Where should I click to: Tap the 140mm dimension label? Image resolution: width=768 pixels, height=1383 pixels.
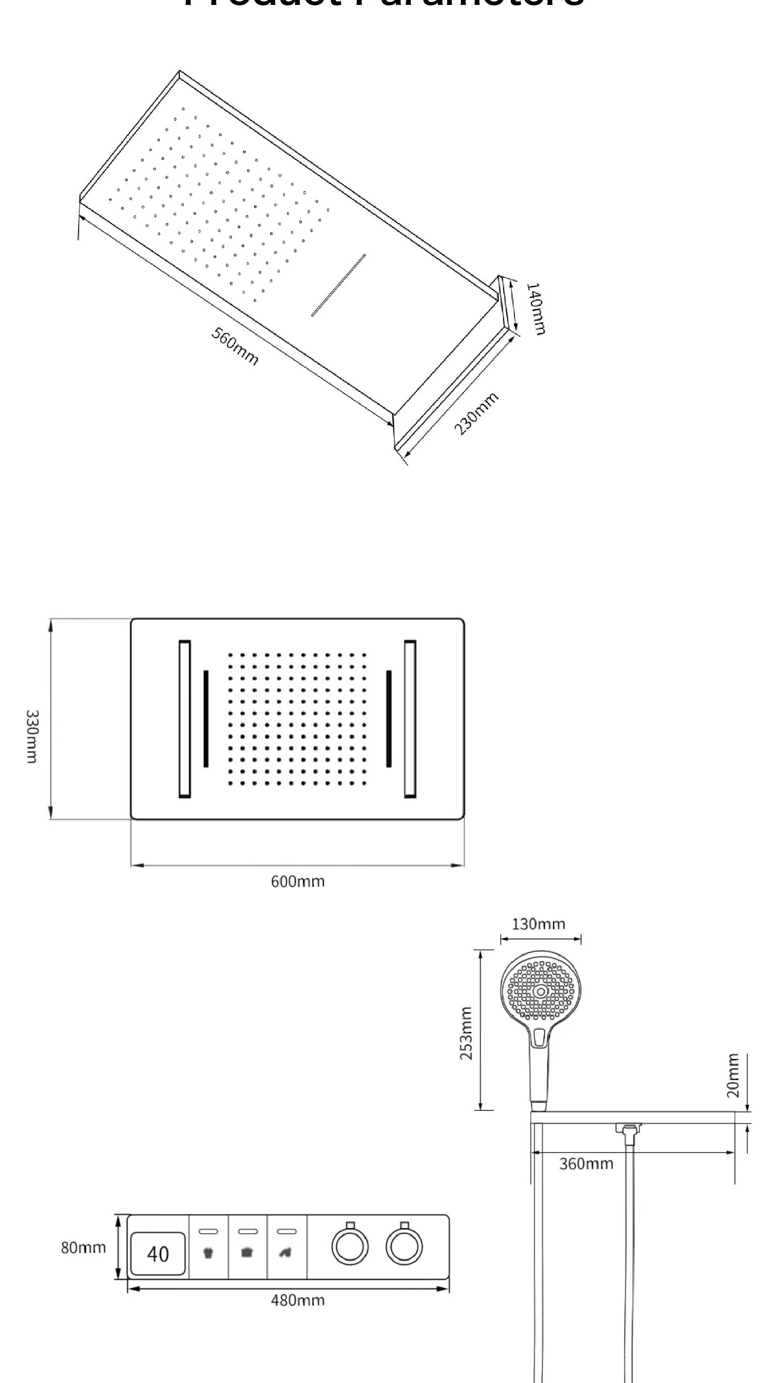click(535, 309)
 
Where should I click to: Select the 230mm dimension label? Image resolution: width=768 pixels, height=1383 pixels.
click(476, 413)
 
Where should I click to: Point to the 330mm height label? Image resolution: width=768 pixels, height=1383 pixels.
click(32, 736)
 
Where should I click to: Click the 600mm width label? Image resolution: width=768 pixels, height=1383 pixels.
click(297, 882)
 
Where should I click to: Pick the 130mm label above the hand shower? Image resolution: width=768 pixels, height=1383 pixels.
click(539, 924)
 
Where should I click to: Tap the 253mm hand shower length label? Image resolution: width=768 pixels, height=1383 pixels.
click(466, 1033)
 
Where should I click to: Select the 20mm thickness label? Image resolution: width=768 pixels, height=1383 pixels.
click(733, 1076)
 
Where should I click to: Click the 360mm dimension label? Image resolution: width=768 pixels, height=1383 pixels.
click(586, 1164)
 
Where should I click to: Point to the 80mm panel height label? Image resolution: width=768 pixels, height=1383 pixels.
click(83, 1248)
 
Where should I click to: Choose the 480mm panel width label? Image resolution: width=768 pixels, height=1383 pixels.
click(297, 1300)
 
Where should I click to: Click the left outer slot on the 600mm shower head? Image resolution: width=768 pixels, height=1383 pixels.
click(185, 719)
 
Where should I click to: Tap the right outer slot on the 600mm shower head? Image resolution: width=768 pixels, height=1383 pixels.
click(410, 719)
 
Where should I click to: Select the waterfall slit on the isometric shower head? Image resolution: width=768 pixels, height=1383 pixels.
click(339, 285)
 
